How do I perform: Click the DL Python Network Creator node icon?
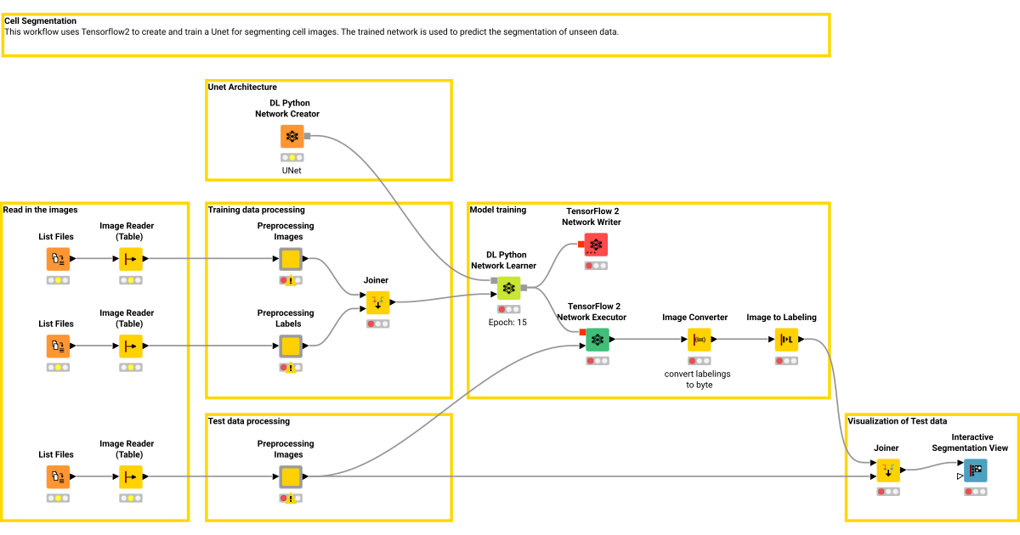292,137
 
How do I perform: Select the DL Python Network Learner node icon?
508,289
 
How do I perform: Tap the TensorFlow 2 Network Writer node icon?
596,245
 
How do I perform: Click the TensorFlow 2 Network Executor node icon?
598,340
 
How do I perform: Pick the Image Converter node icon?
700,340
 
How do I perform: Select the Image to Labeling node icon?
786,340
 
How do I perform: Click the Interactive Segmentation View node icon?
975,470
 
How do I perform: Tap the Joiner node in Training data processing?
377,302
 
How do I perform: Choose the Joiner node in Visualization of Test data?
888,470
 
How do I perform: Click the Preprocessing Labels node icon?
291,346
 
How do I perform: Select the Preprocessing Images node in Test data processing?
291,477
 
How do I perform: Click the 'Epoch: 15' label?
508,323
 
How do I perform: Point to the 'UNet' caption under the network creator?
292,170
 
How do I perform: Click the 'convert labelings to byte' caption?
697,380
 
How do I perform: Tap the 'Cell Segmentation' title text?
40,21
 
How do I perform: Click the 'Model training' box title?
498,210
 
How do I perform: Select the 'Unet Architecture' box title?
242,87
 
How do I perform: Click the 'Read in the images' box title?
40,210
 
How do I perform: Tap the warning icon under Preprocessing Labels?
291,369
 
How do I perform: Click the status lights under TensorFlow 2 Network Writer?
596,266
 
